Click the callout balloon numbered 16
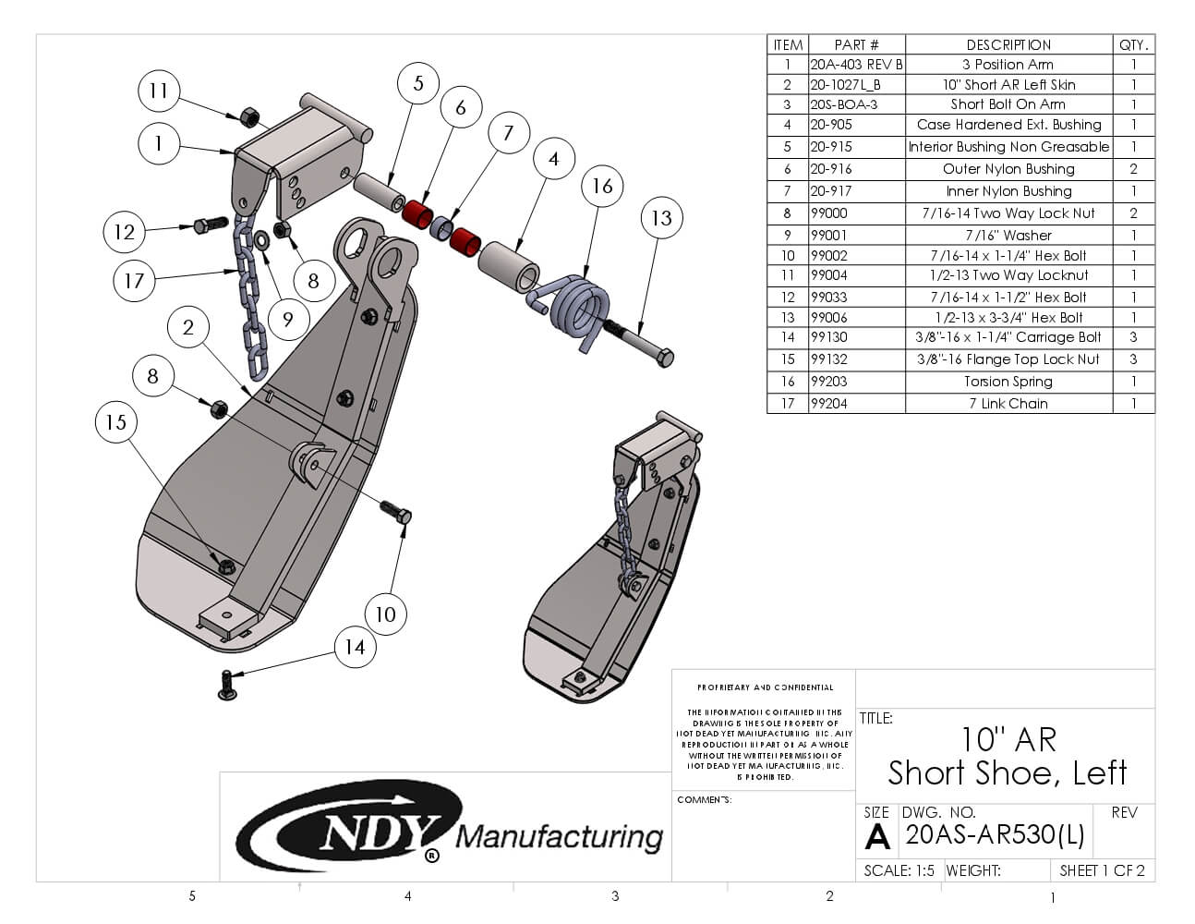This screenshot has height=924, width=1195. (602, 187)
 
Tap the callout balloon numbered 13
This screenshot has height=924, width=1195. (661, 218)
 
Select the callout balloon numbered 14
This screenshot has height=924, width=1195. (355, 648)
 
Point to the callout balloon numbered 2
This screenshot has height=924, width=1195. (188, 327)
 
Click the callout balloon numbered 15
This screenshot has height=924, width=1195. (115, 422)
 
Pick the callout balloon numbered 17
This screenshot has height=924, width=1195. (134, 280)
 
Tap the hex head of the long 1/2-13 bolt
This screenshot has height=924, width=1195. (663, 358)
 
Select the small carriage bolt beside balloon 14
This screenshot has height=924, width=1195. (227, 685)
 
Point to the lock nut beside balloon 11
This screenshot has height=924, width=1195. (247, 117)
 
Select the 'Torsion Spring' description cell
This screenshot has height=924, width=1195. (1008, 382)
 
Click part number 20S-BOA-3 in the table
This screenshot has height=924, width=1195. (843, 104)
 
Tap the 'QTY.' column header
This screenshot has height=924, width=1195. (1133, 44)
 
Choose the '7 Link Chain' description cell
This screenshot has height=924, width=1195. (1008, 404)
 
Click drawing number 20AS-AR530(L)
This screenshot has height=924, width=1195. (995, 834)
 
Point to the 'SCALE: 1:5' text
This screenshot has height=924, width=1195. (899, 870)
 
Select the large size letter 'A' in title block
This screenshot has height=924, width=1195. (876, 836)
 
